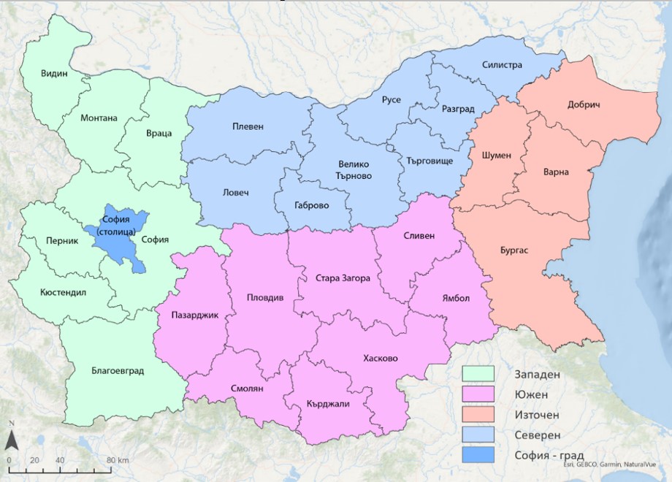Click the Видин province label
[54, 74]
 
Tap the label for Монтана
[99, 118]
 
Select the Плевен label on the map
[248, 126]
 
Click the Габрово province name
[311, 205]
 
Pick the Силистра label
[502, 65]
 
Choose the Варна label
[556, 172]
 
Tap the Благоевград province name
[118, 370]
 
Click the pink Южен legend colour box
[478, 394]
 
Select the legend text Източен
[536, 414]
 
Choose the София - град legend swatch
[478, 454]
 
